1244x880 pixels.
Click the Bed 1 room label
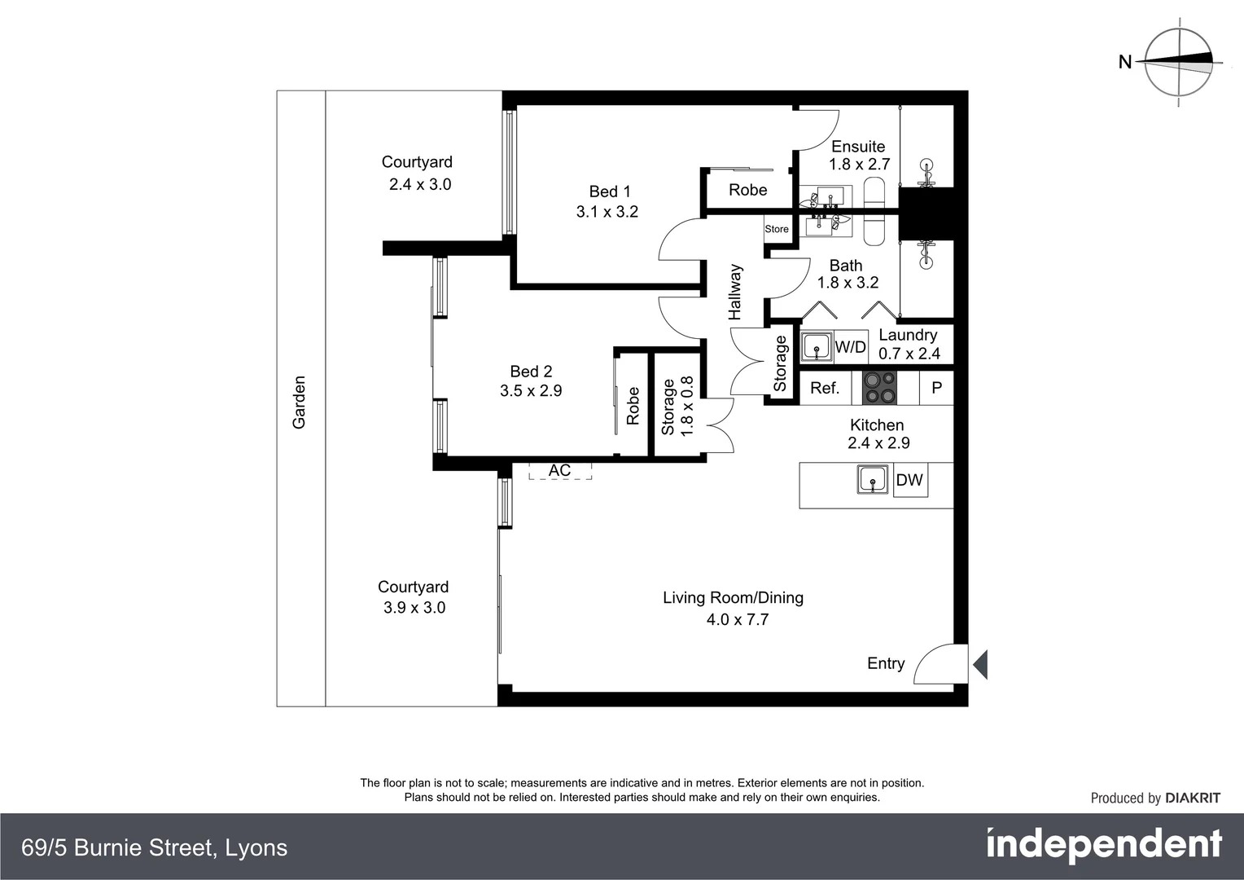point(609,191)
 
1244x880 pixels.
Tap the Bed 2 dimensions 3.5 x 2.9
point(531,390)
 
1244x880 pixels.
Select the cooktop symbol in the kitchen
point(879,388)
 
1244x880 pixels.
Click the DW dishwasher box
point(909,480)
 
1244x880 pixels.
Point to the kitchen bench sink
point(873,479)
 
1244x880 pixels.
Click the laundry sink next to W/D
point(817,346)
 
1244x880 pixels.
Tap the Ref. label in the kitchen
point(825,388)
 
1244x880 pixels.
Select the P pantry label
point(936,388)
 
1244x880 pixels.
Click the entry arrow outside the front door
point(980,664)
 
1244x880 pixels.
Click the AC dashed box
point(559,471)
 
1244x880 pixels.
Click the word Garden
point(300,402)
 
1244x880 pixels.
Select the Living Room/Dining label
point(733,597)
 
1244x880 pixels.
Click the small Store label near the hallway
point(777,229)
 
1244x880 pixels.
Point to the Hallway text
point(735,292)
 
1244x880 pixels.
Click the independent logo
point(1104,846)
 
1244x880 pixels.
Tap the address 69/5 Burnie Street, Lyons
point(155,847)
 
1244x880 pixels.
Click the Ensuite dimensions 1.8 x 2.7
point(859,164)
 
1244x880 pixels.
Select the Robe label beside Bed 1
point(747,190)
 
